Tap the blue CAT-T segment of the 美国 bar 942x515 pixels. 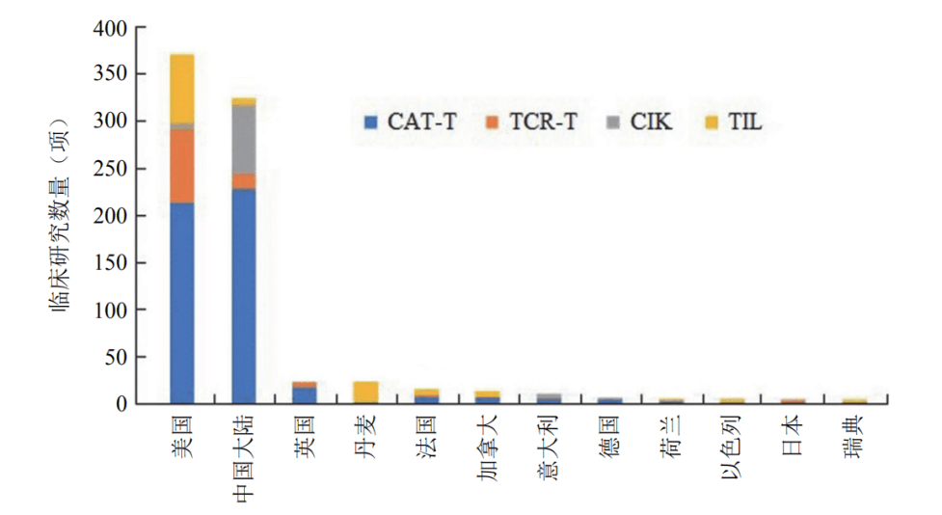(x=181, y=303)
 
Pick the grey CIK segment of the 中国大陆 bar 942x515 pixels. (x=244, y=139)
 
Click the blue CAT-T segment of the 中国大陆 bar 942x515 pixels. (x=244, y=295)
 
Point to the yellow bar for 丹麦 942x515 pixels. (x=365, y=393)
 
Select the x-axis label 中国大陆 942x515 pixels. (x=245, y=458)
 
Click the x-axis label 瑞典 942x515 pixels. (x=855, y=434)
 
